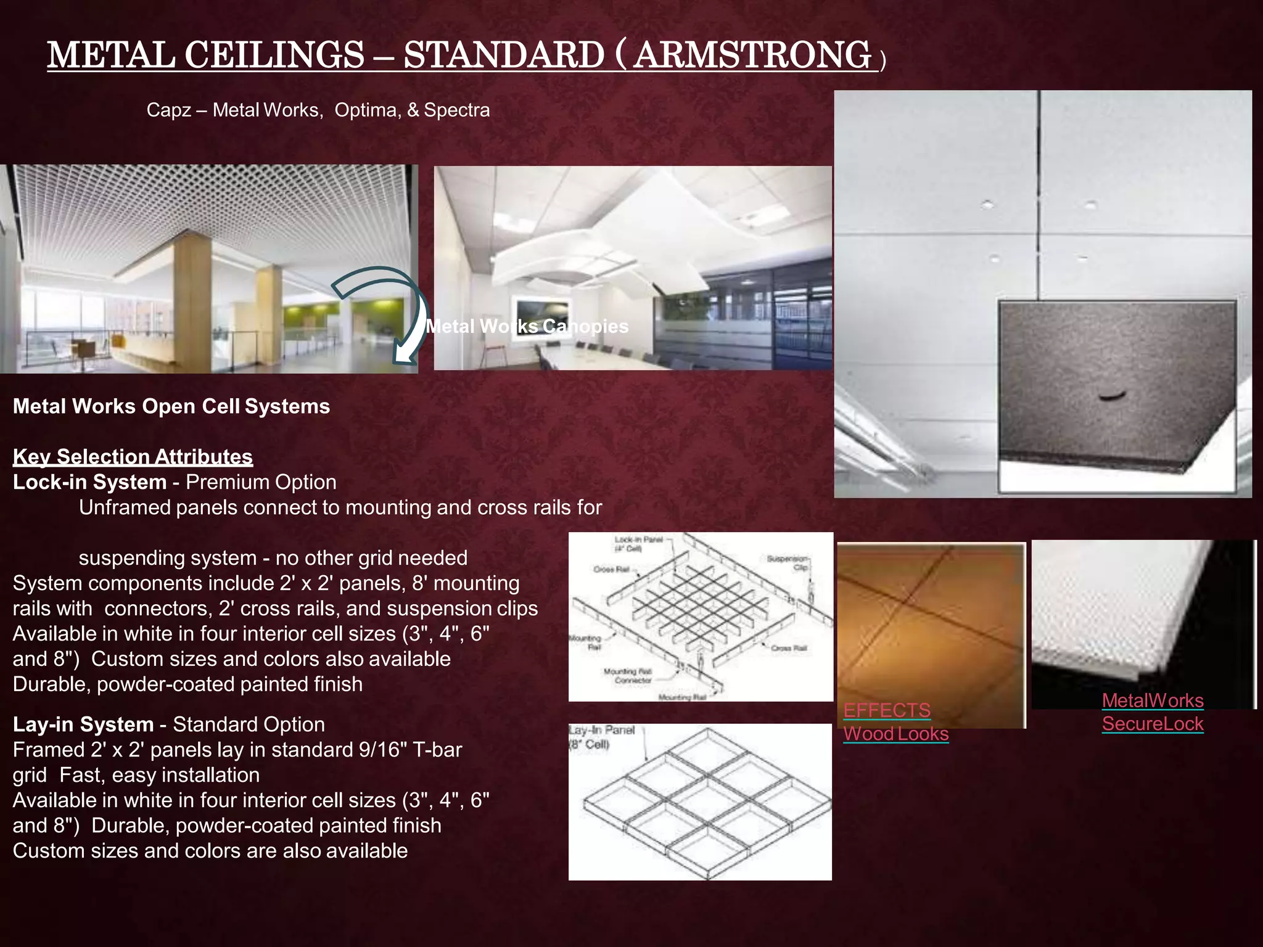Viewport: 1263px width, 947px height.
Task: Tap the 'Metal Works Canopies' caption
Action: tap(527, 326)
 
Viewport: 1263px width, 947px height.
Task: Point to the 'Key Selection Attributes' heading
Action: tap(133, 457)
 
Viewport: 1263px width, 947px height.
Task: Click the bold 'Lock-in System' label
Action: tap(89, 482)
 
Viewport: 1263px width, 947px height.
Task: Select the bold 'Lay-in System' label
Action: tap(83, 724)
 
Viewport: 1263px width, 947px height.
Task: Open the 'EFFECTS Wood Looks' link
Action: tap(895, 722)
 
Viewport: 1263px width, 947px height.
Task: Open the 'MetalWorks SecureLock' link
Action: tap(1153, 712)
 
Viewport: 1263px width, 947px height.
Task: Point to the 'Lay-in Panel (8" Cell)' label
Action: tap(601, 737)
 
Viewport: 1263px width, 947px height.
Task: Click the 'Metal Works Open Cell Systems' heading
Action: tap(171, 406)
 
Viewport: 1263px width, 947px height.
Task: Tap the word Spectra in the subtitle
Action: tap(457, 110)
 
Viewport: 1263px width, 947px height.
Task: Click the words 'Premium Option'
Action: tap(261, 482)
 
